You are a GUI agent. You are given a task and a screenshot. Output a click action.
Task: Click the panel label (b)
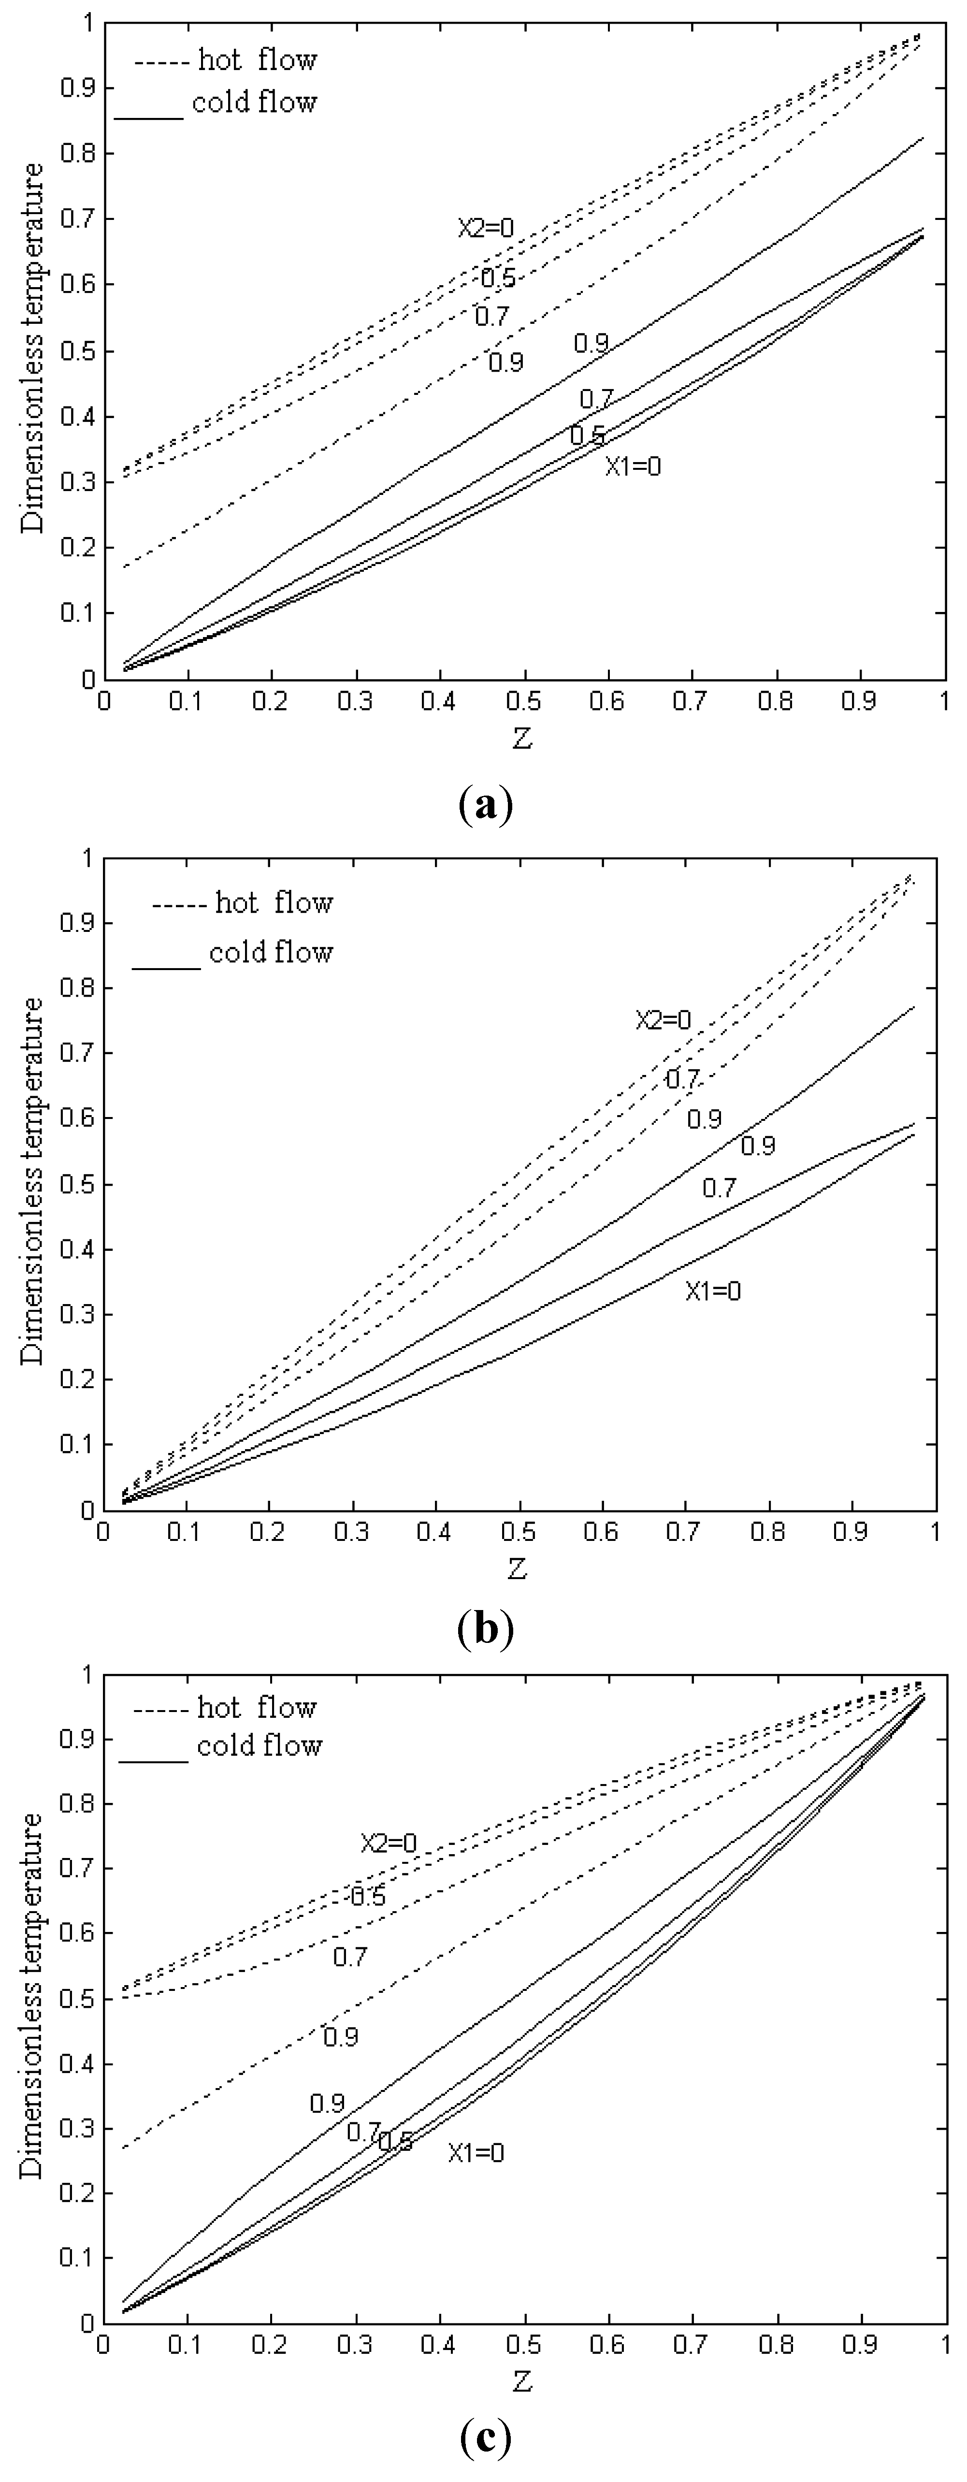pos(485,1628)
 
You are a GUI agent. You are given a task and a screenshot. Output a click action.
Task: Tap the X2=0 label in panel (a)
pos(485,228)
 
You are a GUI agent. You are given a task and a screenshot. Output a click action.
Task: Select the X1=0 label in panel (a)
pos(633,466)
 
